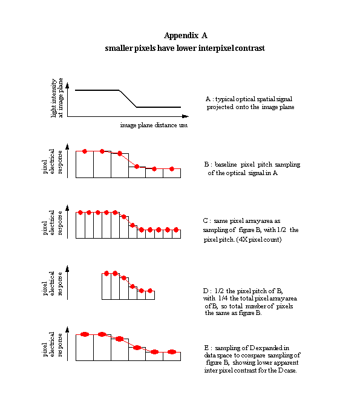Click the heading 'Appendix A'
point(186,35)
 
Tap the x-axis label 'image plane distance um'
point(154,125)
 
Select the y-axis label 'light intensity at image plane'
point(57,98)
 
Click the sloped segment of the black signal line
point(128,99)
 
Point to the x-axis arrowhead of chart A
point(186,116)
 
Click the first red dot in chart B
point(85,151)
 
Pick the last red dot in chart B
point(172,169)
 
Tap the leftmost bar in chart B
point(85,164)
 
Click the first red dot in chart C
point(80,213)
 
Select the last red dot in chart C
point(176,230)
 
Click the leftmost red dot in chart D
point(106,273)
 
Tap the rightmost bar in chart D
point(150,295)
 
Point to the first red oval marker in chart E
point(85,334)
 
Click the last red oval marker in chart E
point(172,352)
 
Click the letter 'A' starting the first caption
point(208,99)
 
